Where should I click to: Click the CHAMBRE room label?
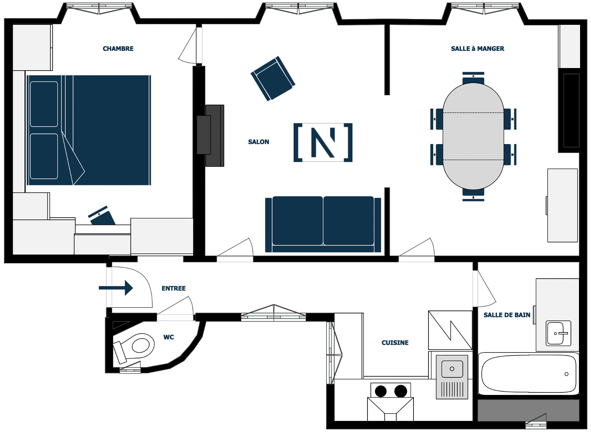118,49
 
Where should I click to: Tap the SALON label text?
259,142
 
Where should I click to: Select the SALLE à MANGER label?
477,49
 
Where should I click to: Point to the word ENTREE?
174,288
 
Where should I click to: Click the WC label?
169,337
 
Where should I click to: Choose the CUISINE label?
395,343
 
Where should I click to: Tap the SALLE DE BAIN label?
507,315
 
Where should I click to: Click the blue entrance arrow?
116,288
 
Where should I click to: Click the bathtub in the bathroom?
529,373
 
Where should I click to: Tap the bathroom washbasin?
558,334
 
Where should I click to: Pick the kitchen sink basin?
452,369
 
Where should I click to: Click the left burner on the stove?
381,391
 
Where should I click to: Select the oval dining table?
473,136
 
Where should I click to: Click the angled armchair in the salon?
273,79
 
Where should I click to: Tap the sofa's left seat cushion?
297,221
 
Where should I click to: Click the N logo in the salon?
323,143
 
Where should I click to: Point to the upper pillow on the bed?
44,104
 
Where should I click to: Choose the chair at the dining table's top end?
473,78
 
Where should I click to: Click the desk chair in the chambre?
102,216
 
